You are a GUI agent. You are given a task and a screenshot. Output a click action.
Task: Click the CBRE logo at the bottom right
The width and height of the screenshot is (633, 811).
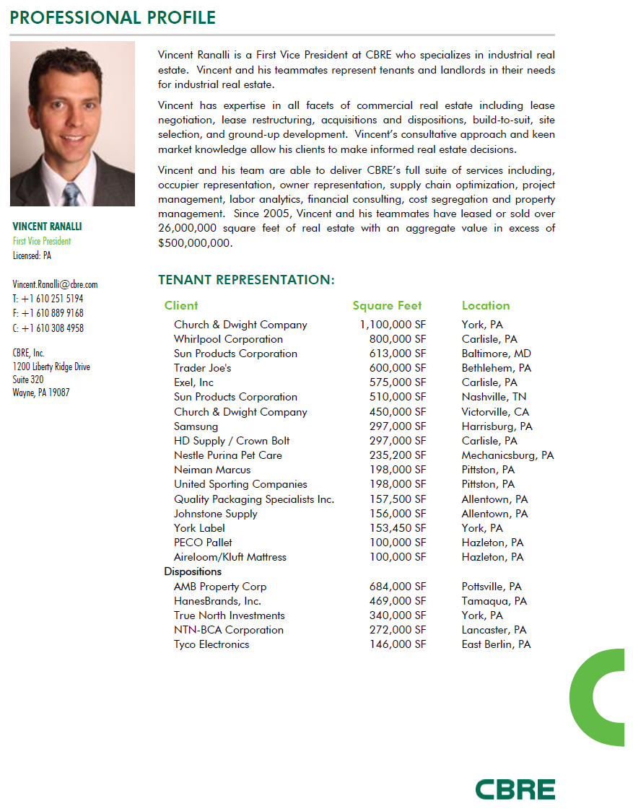pos(515,789)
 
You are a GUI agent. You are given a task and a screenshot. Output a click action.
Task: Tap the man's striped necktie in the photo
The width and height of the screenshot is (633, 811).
pos(72,193)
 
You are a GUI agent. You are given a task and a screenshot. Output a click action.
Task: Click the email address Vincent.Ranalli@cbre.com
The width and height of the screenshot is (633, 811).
pos(55,284)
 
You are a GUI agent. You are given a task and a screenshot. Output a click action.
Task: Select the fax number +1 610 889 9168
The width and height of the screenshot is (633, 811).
pos(48,313)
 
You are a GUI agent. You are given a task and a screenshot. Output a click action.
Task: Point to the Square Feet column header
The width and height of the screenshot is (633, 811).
pos(387,305)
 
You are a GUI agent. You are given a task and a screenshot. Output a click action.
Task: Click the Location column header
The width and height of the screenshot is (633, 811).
pos(486,305)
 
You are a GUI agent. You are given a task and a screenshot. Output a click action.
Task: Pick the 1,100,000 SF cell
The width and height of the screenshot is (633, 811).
pos(393,325)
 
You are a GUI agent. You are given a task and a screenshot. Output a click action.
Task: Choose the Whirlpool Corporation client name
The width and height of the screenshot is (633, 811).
pos(228,339)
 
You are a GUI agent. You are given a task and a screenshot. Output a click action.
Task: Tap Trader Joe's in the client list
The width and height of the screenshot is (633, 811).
pos(202,368)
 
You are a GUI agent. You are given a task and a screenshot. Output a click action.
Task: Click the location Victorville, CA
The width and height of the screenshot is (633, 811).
pos(495,412)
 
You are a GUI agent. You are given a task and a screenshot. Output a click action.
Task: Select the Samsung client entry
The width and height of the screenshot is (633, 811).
pos(196,426)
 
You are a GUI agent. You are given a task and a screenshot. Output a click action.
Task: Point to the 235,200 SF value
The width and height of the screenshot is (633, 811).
pos(398,455)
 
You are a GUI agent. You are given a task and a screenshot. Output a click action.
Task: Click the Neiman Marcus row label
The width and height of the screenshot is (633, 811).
pos(212,470)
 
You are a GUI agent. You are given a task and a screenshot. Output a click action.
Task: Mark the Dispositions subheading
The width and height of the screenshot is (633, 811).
pos(193,571)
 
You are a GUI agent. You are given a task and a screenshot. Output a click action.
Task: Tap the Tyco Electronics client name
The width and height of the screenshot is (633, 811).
pos(211,644)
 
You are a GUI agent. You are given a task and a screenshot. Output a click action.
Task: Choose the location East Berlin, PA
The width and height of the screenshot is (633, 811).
pos(496,644)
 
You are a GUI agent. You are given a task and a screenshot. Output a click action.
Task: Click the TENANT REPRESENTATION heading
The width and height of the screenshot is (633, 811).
pos(246,280)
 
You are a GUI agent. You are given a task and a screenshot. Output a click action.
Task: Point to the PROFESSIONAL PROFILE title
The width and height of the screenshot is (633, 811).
pos(113,17)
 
